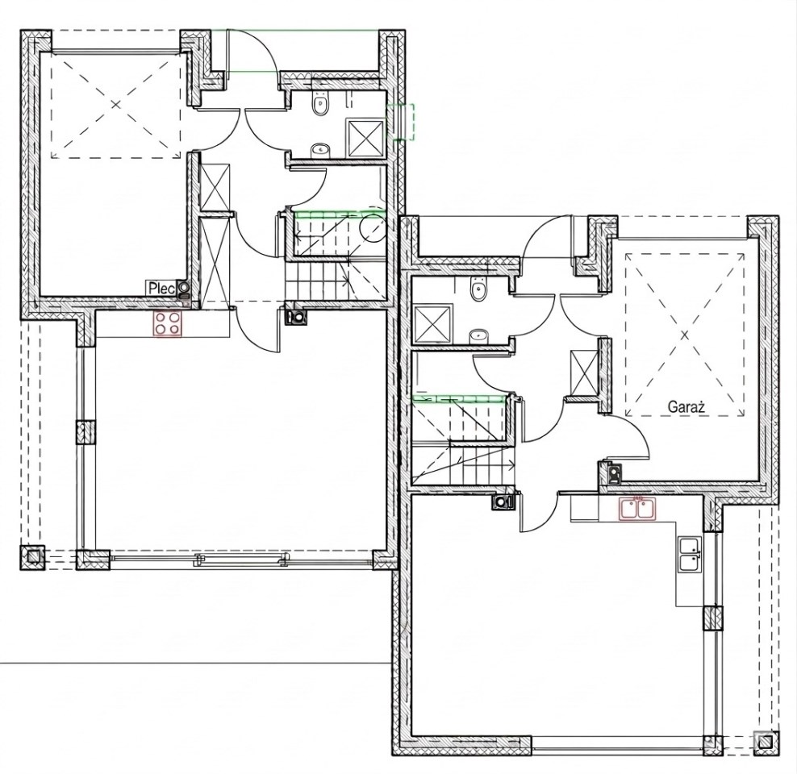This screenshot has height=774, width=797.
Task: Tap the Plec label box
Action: pos(161,288)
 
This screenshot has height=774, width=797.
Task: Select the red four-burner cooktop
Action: pos(168,322)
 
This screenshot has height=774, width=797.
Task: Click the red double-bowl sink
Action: pos(638,509)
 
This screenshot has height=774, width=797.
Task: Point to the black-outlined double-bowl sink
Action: pos(690,555)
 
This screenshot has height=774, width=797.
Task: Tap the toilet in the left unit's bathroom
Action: pos(320,105)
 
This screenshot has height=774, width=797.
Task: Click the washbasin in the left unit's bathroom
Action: pos(320,149)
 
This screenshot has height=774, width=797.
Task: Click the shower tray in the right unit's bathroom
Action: pos(433,322)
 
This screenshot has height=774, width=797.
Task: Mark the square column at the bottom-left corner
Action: pos(32,558)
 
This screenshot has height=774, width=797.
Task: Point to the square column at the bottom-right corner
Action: pos(766,743)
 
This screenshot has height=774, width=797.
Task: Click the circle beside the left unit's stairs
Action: pos(373,227)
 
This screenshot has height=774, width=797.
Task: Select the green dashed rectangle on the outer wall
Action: pos(401,122)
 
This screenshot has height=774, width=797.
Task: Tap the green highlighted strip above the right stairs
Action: pos(460,398)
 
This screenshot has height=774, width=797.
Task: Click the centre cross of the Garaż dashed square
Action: pos(684,335)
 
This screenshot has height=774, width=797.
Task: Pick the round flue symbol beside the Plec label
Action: pos(183,289)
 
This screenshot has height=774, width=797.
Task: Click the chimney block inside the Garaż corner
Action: pos(614,474)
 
